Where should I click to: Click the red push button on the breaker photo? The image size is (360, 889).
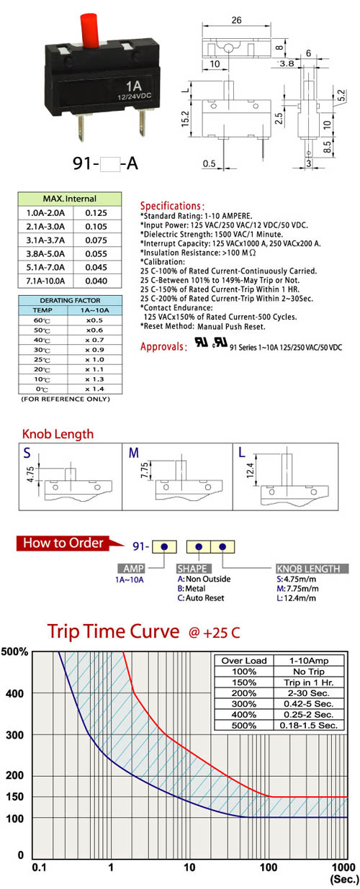click(90, 30)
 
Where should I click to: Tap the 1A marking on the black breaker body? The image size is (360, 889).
click(134, 86)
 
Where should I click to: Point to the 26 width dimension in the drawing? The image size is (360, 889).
click(237, 20)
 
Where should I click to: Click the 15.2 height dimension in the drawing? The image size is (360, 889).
click(185, 119)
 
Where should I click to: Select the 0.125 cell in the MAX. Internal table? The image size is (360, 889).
click(96, 213)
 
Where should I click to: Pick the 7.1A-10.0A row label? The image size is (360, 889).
click(45, 281)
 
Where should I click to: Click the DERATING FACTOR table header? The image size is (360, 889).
click(70, 300)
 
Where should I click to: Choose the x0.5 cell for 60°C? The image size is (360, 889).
click(94, 320)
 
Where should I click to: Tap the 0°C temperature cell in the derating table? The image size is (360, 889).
click(42, 389)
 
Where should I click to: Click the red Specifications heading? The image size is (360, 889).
click(172, 206)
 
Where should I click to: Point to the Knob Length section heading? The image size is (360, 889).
click(58, 434)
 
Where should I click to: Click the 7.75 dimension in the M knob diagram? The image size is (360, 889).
click(145, 470)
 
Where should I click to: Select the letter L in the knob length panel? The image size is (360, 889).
click(242, 453)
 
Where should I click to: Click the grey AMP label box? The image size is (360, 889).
click(131, 569)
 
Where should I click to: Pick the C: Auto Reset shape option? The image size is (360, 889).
click(201, 598)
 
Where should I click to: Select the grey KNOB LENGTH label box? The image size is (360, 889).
click(312, 569)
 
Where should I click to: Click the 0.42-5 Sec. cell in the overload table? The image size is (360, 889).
click(308, 704)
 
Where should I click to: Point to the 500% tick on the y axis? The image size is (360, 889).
click(14, 651)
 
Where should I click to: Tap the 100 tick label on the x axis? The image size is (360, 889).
click(269, 867)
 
